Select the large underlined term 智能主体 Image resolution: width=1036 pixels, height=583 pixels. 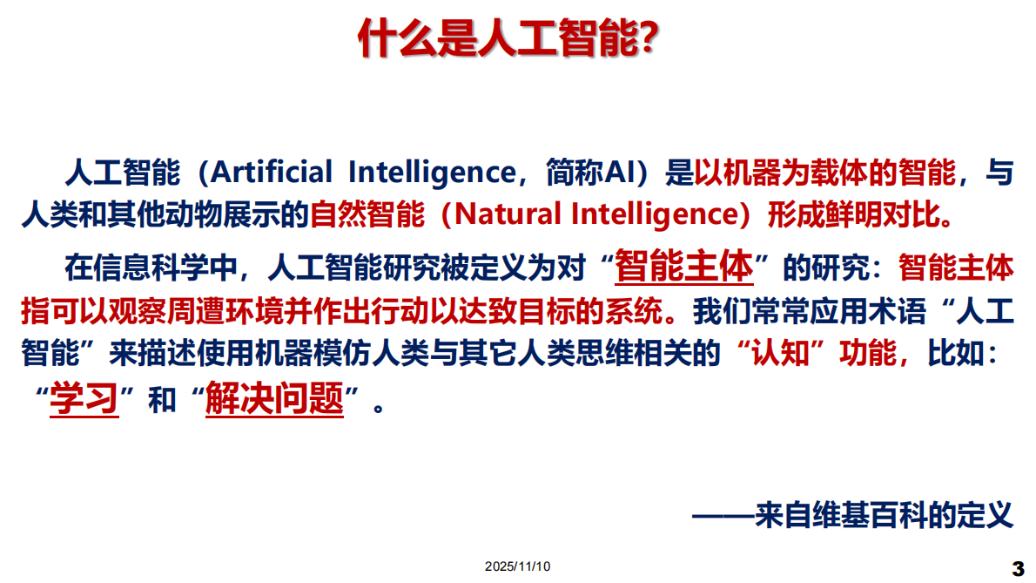pos(683,267)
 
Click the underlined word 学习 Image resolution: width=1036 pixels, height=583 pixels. pos(84,400)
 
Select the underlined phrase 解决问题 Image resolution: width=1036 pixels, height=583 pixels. pos(275,400)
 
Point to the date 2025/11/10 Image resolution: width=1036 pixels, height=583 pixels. pos(518,566)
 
